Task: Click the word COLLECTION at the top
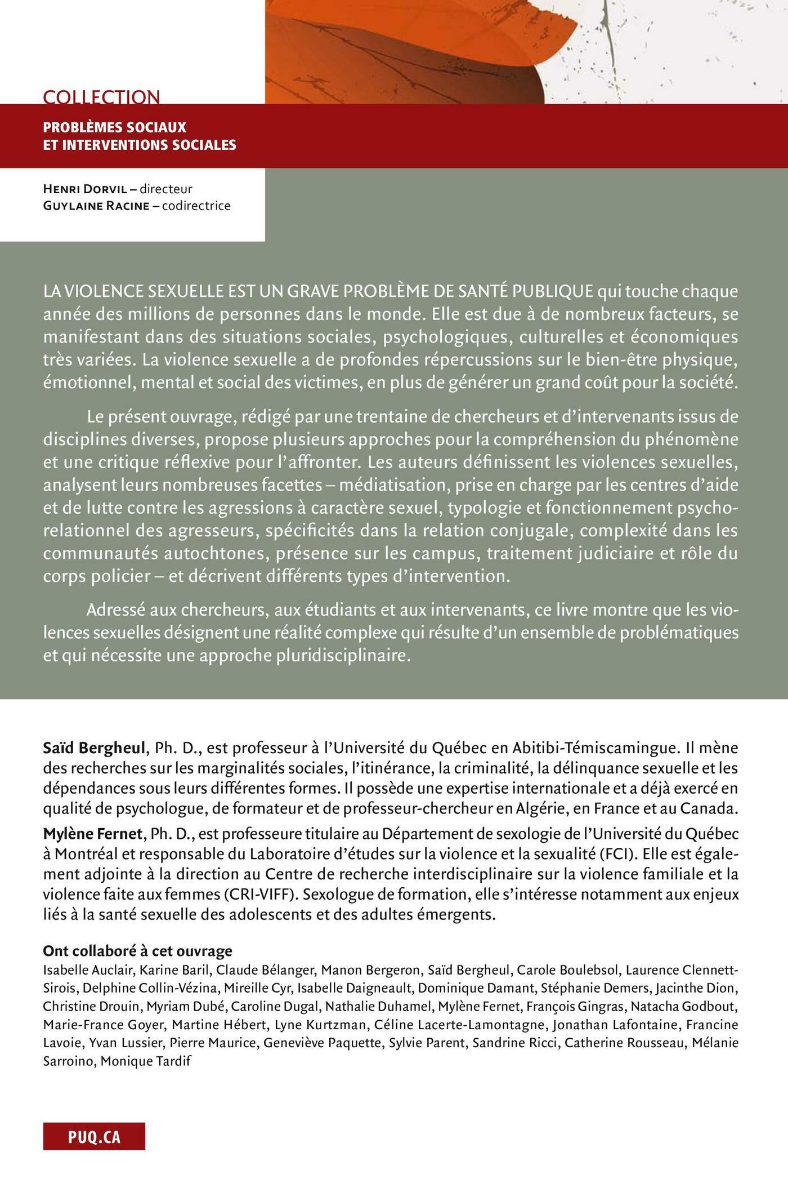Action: [x=101, y=97]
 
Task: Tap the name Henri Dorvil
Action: [x=86, y=189]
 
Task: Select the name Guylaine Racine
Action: [x=96, y=206]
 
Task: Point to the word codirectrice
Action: [x=196, y=206]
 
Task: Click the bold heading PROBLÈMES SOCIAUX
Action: [x=115, y=127]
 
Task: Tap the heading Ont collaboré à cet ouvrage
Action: [x=138, y=951]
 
